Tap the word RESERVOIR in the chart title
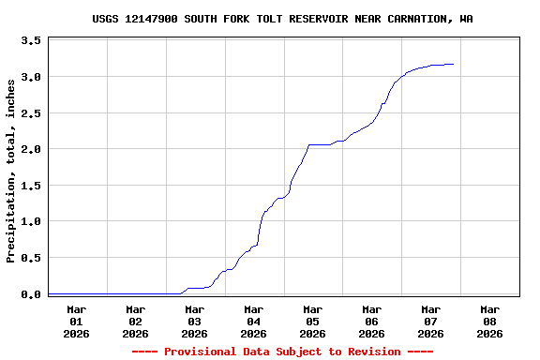(x=331, y=19)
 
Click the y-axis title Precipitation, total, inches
(x=11, y=171)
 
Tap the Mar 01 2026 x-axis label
(x=77, y=321)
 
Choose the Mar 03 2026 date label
(x=195, y=321)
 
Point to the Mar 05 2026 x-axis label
(x=313, y=321)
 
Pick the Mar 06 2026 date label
(x=372, y=321)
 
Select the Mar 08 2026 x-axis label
(x=489, y=321)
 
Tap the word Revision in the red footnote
(x=373, y=352)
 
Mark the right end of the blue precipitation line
(x=454, y=64)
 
